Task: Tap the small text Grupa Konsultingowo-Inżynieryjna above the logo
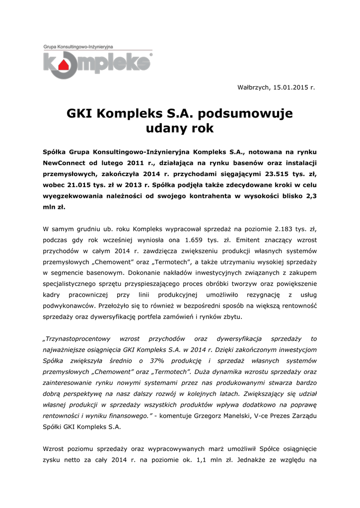78,46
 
